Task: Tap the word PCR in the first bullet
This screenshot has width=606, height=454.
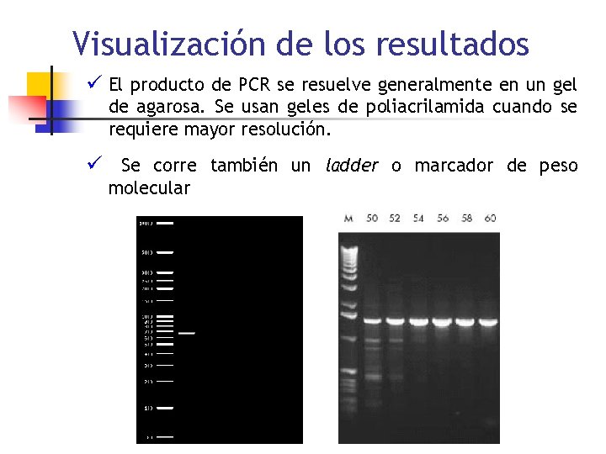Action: click(x=255, y=85)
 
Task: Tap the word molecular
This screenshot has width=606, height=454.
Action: click(x=149, y=188)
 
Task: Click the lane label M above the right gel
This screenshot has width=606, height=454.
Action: click(x=348, y=219)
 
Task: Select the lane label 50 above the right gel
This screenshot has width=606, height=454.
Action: click(x=372, y=219)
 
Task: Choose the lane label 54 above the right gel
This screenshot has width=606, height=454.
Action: click(x=418, y=219)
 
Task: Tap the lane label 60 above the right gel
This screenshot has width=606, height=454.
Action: click(x=490, y=219)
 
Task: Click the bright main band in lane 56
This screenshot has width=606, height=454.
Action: click(x=442, y=321)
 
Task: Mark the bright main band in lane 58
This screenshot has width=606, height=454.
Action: click(x=465, y=321)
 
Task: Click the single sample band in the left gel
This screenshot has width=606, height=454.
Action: click(x=186, y=334)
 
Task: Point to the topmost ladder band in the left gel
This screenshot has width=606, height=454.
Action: click(x=165, y=224)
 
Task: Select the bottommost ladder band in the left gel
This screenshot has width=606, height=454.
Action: click(x=165, y=437)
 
